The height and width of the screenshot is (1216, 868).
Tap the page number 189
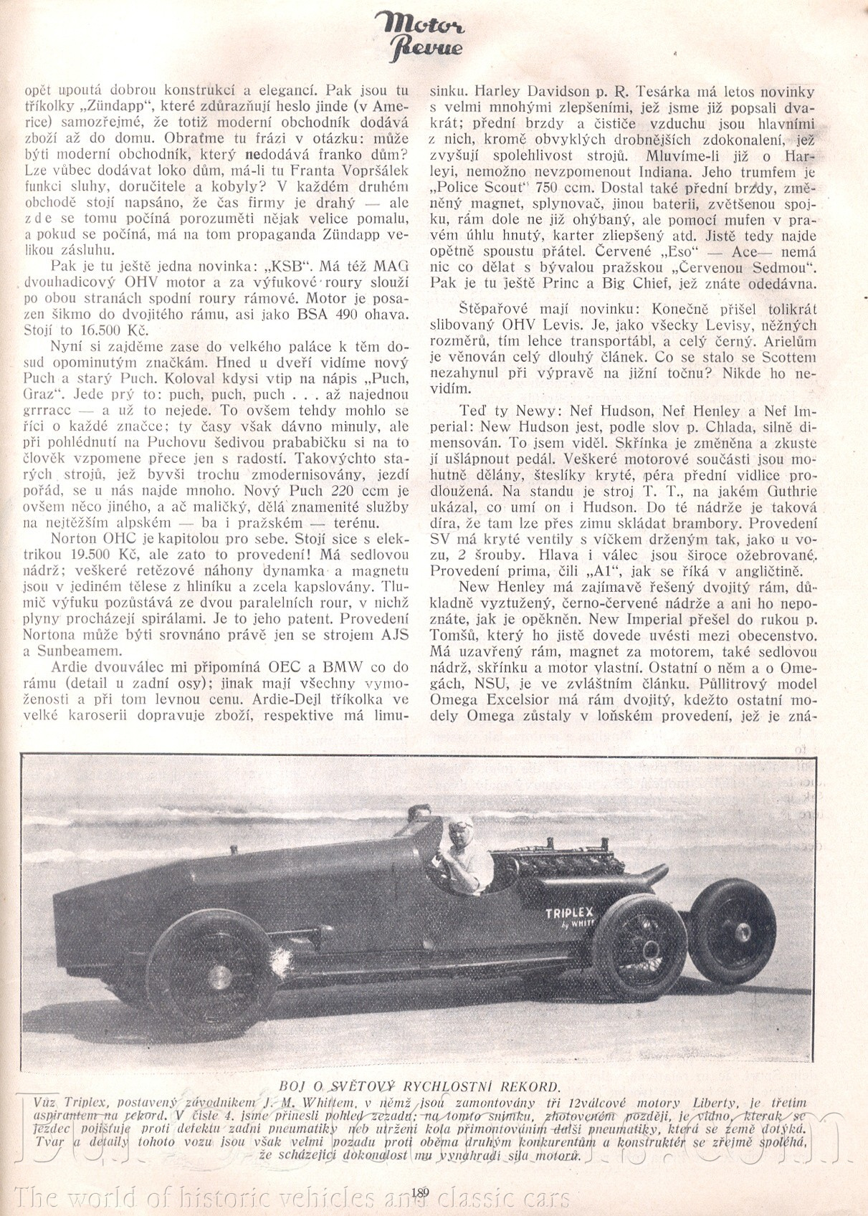point(421,1192)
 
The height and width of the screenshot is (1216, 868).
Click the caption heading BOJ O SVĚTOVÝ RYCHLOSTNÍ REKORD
point(419,1085)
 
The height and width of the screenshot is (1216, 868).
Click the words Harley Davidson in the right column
point(533,92)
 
